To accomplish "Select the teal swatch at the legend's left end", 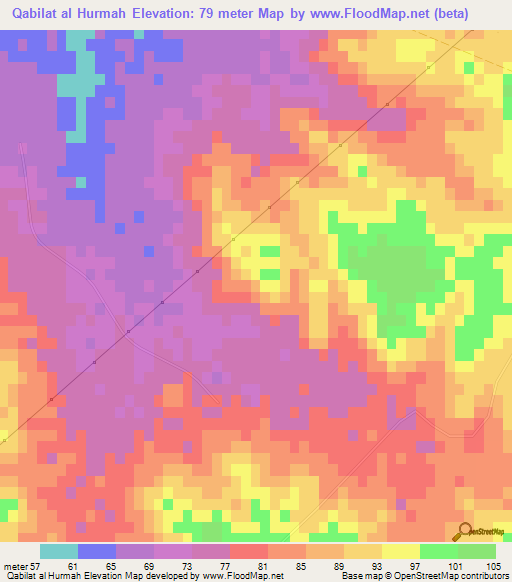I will [59, 551].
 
